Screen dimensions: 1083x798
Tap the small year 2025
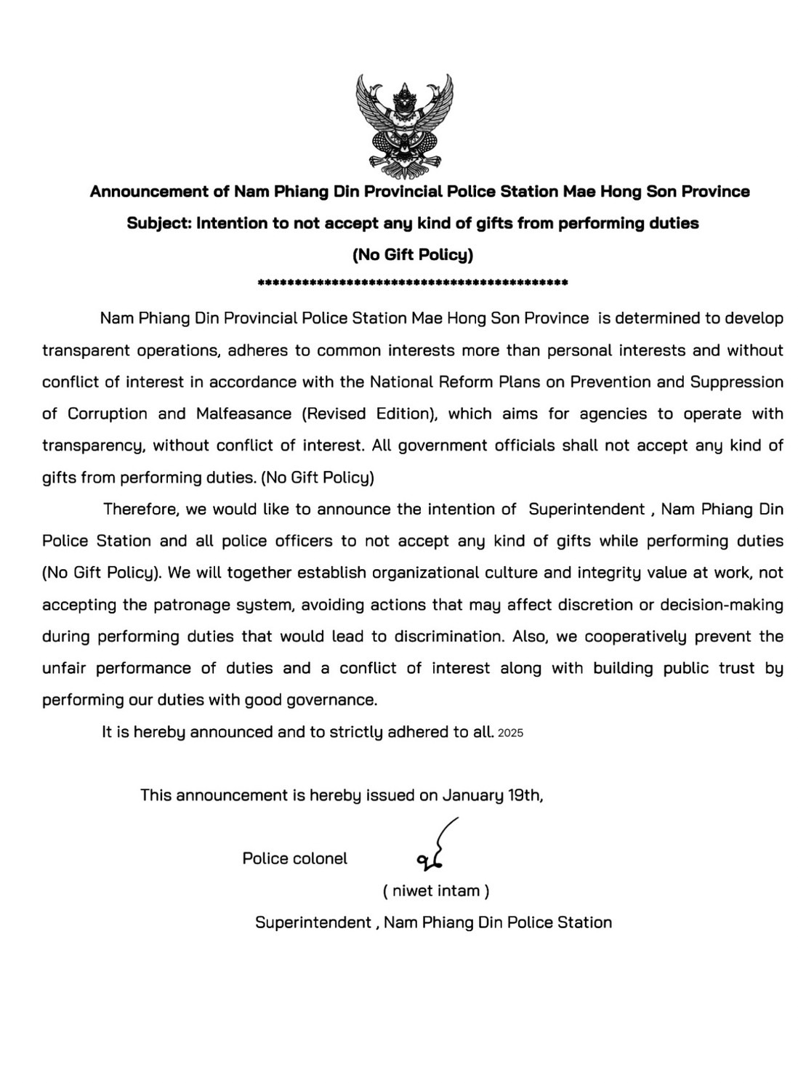(511, 733)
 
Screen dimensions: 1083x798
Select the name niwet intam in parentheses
(436, 890)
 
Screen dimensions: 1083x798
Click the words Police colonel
(294, 858)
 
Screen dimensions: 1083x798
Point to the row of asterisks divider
(413, 282)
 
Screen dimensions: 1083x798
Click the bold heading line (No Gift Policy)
(413, 254)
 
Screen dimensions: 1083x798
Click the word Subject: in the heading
(158, 223)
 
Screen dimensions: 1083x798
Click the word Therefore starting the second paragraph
(140, 509)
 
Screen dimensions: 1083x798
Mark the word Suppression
(736, 382)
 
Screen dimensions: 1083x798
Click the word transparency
(92, 446)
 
